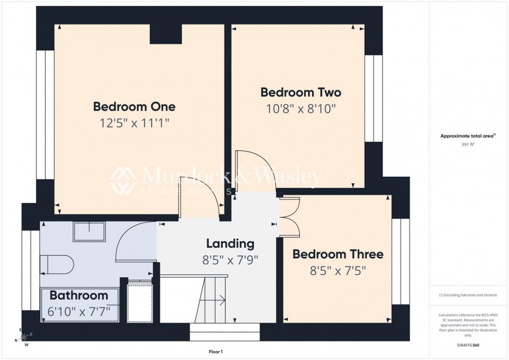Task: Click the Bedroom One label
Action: click(x=134, y=107)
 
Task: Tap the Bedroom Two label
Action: click(x=301, y=92)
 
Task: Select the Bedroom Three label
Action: click(x=338, y=254)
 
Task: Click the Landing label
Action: click(x=231, y=243)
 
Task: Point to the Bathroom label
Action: click(x=79, y=295)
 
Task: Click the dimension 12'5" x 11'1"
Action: click(x=134, y=123)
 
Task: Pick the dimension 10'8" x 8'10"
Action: click(x=301, y=109)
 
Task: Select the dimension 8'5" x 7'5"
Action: click(x=338, y=270)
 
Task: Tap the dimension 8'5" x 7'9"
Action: click(x=231, y=260)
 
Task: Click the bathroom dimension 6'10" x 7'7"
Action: click(x=79, y=312)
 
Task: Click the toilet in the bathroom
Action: click(x=57, y=265)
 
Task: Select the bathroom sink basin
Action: click(x=90, y=231)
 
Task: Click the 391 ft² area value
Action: click(x=468, y=145)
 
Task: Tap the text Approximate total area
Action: click(x=468, y=136)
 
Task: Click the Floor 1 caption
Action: click(x=216, y=352)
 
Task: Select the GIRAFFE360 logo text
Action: click(x=468, y=345)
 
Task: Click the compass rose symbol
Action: click(x=24, y=337)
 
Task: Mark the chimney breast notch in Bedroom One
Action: click(x=165, y=34)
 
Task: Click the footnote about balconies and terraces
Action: click(x=468, y=295)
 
